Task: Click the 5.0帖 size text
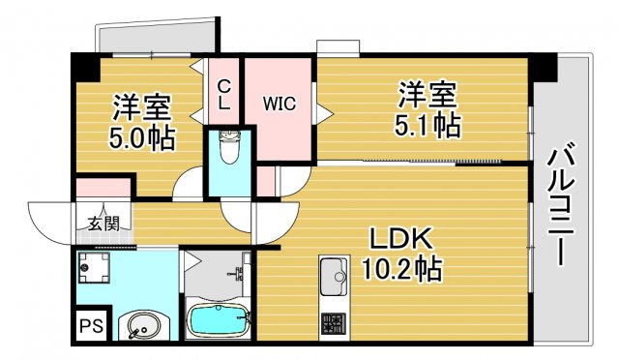point(141,137)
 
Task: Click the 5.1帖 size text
point(426,124)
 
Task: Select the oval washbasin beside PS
point(140,325)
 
